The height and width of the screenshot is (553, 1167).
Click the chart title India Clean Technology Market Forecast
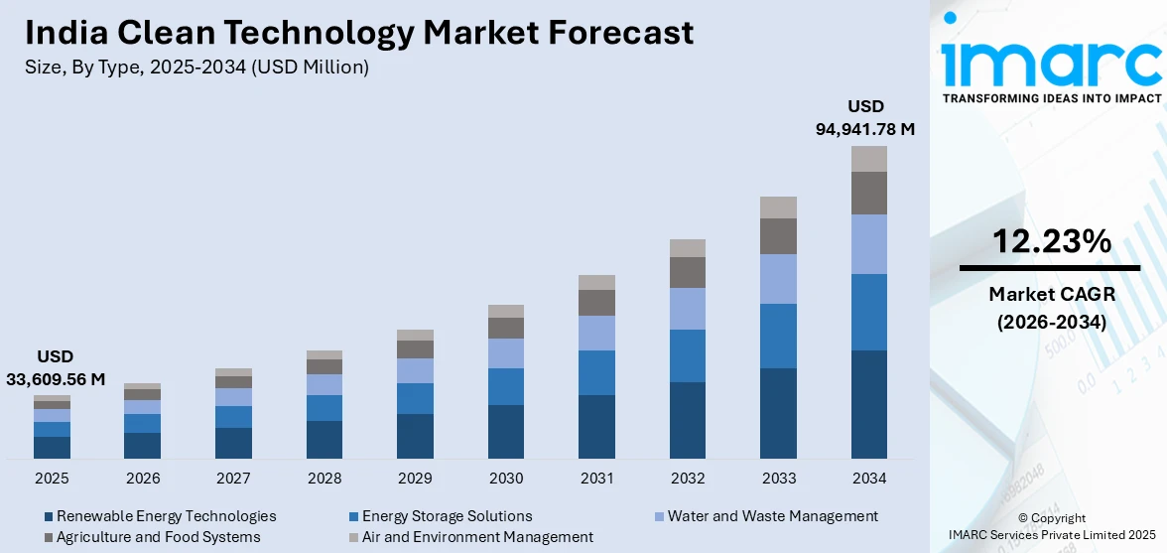pos(358,33)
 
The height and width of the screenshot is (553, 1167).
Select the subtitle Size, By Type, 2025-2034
pos(196,67)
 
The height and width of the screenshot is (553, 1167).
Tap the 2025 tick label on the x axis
pos(52,479)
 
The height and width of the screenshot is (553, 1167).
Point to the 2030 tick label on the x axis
pos(506,479)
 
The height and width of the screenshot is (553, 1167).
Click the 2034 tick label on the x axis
pos(869,479)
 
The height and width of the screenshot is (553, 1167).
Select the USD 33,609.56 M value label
pos(56,367)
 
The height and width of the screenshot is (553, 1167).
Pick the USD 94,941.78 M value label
pos(865,117)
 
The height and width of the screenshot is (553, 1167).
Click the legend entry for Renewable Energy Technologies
pos(166,516)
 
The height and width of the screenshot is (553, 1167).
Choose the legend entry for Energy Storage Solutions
pos(447,516)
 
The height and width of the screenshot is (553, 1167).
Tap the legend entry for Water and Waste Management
pos(772,516)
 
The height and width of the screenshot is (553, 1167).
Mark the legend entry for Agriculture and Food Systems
pos(158,537)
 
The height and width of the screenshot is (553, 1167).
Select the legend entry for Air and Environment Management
pos(477,537)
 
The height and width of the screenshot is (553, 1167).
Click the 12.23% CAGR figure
pos(1050,241)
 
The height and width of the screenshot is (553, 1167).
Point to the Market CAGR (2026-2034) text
pos(1050,308)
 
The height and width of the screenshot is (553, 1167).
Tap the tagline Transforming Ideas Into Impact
pos(1050,98)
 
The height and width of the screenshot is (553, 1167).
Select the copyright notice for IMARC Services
pos(1051,526)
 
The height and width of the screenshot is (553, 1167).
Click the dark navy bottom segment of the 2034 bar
pos(869,404)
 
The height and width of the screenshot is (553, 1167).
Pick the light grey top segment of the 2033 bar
pos(779,207)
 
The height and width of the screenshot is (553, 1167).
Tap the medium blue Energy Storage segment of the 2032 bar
pos(688,355)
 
